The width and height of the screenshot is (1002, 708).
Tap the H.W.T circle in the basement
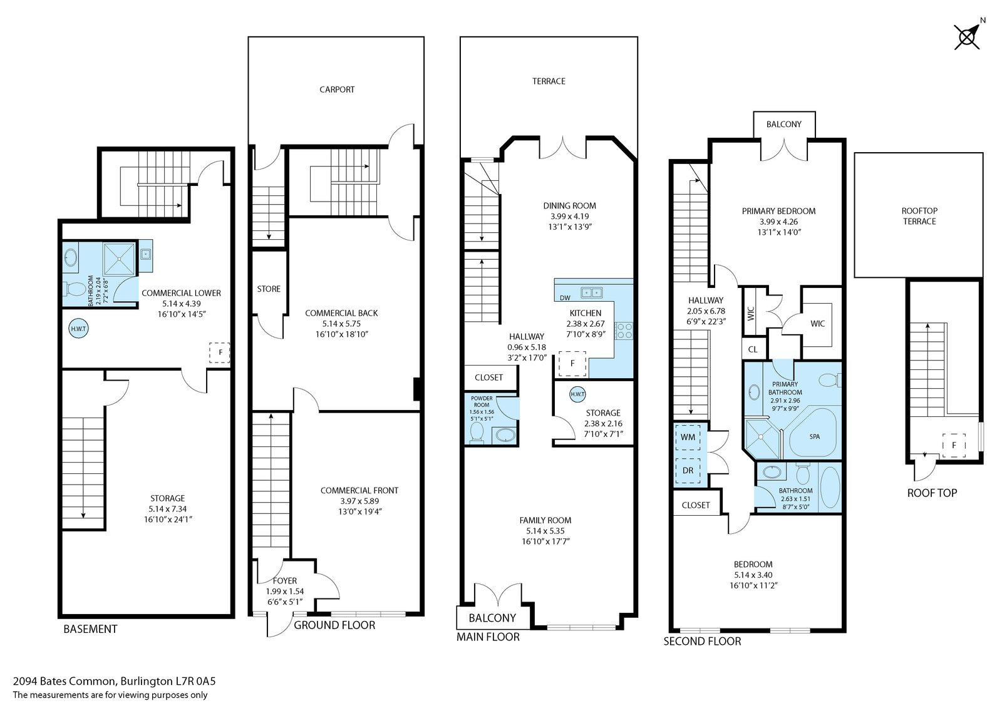78,329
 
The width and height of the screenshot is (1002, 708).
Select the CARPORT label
337,90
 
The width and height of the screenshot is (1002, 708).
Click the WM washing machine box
688,436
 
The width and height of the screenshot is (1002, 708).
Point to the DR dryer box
688,471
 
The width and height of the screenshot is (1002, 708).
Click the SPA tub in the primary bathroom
813,433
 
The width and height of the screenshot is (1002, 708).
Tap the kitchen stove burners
624,331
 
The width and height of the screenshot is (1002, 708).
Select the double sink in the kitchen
591,292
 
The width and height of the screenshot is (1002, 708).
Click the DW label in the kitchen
565,298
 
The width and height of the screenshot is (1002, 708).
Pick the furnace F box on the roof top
954,446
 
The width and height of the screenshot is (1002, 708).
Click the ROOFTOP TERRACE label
919,216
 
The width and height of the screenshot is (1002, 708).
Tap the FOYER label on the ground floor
284,580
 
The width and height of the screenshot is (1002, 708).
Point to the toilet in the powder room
477,433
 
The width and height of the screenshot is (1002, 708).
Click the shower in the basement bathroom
119,259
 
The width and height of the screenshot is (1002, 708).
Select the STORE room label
269,289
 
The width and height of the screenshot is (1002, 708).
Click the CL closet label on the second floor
753,349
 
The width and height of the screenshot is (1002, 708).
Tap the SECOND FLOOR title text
702,642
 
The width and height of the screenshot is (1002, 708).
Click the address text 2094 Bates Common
65,681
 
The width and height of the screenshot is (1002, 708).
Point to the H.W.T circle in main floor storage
577,394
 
